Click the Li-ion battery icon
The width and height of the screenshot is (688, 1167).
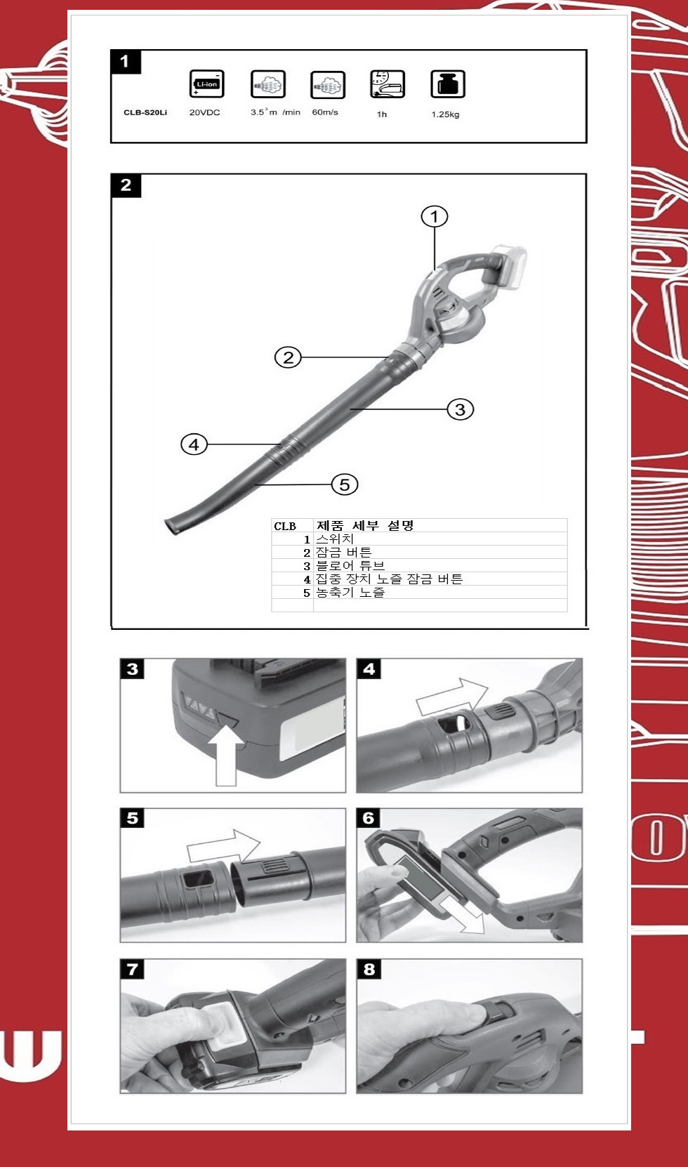[207, 84]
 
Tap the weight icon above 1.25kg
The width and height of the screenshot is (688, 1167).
[447, 84]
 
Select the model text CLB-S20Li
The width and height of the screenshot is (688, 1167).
[145, 112]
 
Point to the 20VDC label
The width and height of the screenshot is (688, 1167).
[205, 112]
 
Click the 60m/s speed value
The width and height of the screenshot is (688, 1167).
[325, 112]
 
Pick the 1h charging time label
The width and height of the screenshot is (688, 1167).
[382, 114]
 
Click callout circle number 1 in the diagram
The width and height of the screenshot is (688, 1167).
[435, 216]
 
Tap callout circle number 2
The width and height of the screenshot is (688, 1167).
[288, 357]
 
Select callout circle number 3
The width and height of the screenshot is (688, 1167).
[461, 409]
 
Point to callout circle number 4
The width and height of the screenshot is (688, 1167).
[194, 444]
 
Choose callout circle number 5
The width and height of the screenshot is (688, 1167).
[345, 484]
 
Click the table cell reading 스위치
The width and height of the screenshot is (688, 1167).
[335, 539]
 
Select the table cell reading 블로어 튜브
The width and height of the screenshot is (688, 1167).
[350, 566]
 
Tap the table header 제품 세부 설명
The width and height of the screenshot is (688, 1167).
[365, 525]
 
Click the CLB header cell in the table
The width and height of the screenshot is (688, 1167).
[285, 526]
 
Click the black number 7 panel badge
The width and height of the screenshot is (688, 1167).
[132, 969]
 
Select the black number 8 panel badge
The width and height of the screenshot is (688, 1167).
[369, 969]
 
